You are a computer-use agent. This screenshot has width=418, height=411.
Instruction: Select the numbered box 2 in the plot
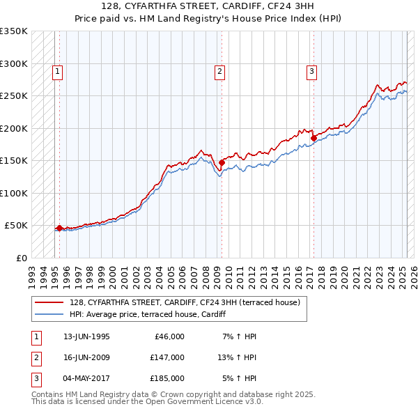pyautogui.click(x=219, y=70)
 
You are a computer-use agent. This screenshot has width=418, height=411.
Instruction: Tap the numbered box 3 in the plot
pyautogui.click(x=311, y=70)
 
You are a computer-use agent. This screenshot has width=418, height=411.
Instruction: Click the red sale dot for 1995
pyautogui.click(x=59, y=228)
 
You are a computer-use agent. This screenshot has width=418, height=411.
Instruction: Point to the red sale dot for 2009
pyautogui.click(x=221, y=162)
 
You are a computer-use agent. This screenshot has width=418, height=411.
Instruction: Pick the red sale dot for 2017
pyautogui.click(x=313, y=138)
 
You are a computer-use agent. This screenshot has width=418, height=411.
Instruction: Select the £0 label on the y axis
pyautogui.click(x=21, y=258)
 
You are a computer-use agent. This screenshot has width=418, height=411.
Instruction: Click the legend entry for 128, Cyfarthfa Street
pyautogui.click(x=185, y=302)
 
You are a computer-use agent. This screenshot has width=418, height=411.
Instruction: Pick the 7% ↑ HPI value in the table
pyautogui.click(x=239, y=336)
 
